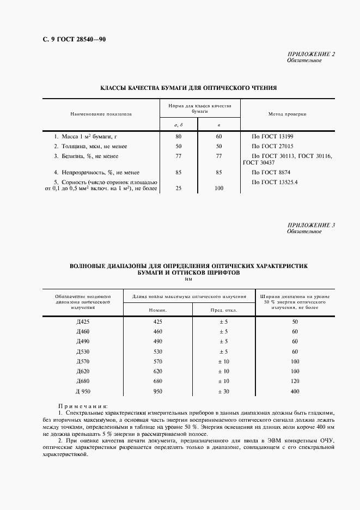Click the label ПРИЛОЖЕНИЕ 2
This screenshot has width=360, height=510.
[311, 54]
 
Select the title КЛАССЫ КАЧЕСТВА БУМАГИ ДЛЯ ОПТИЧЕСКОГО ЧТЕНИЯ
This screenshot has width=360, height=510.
[189, 87]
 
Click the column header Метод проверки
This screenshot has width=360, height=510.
[287, 114]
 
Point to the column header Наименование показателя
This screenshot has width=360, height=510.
[101, 114]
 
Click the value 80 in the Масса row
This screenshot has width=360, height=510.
[178, 136]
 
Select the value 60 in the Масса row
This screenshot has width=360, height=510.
[219, 136]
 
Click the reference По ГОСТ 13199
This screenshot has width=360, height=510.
[272, 136]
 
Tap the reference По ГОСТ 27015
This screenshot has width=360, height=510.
[272, 146]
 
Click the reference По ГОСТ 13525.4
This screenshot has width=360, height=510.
[274, 181]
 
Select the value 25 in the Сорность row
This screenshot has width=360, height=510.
[178, 189]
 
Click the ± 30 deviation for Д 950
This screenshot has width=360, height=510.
[223, 391]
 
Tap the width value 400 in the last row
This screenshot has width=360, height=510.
[295, 391]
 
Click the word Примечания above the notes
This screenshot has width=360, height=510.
[83, 406]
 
